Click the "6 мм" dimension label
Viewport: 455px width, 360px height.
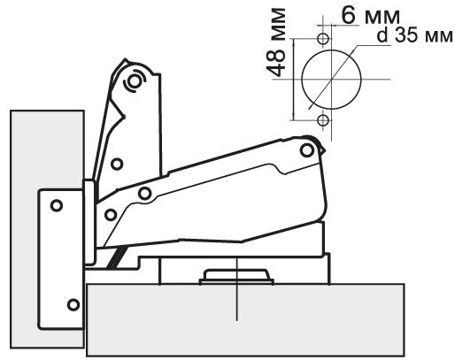click(x=371, y=15)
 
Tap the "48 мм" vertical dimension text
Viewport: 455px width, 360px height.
click(x=276, y=42)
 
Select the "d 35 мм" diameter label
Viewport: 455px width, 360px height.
click(x=414, y=35)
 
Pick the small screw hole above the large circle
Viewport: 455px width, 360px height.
click(x=323, y=38)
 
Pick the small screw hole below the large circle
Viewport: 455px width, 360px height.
click(x=323, y=120)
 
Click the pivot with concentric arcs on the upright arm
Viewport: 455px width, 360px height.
click(x=135, y=81)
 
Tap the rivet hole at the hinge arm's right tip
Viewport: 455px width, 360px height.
click(x=307, y=150)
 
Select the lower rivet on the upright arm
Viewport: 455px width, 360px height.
click(x=117, y=164)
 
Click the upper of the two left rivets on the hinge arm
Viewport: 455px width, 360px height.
click(x=144, y=194)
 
